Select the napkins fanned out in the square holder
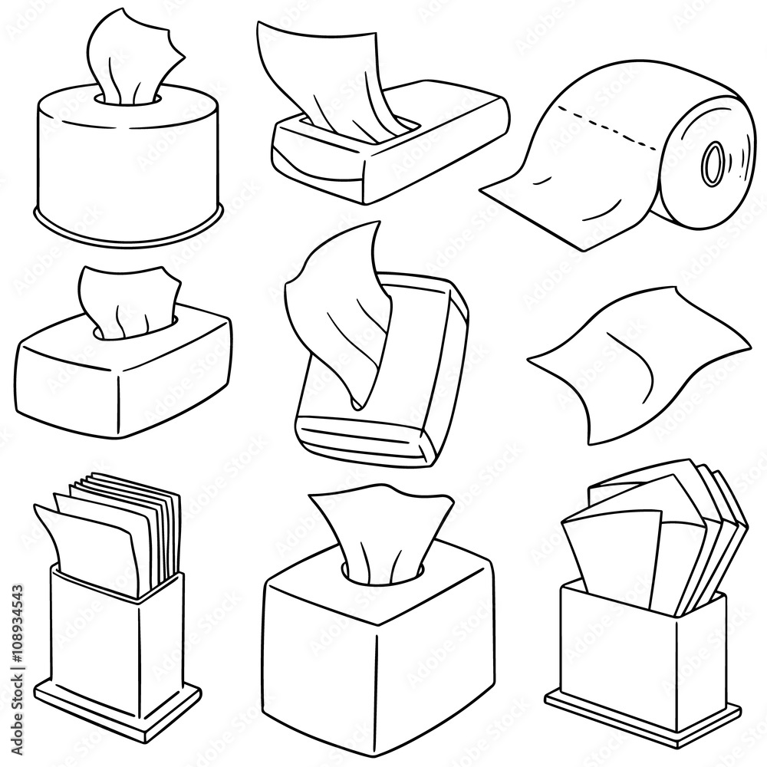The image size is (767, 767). tap(652, 529)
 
